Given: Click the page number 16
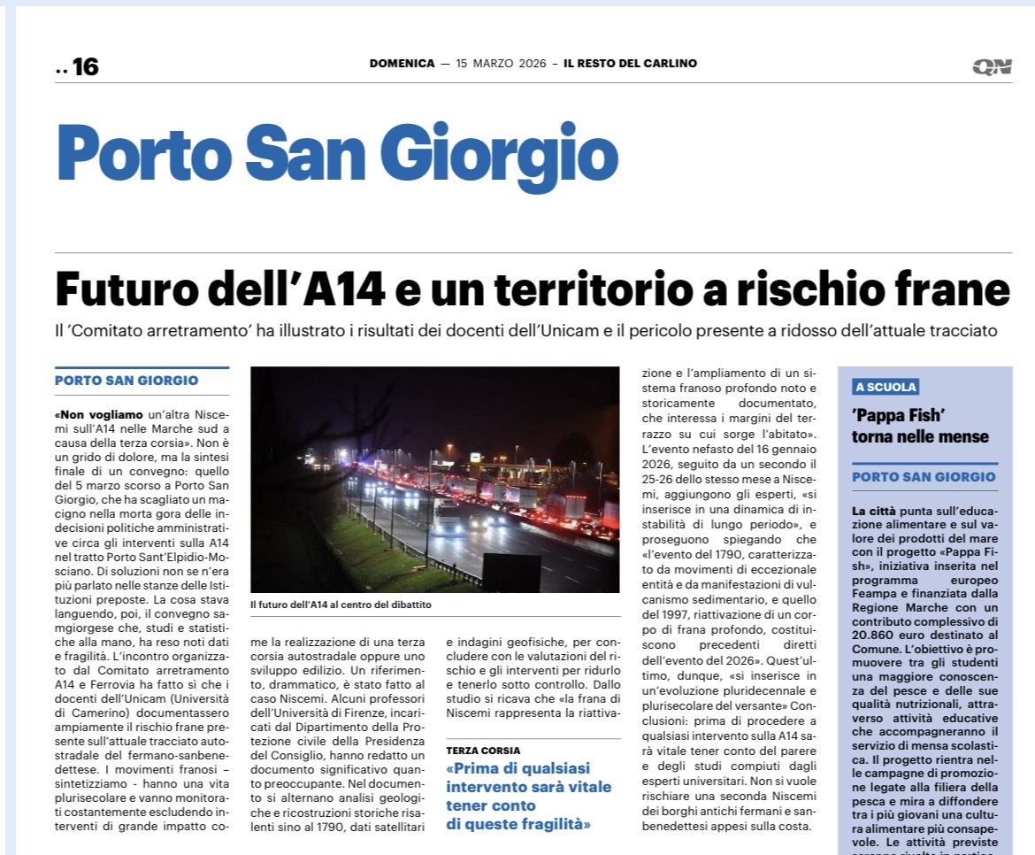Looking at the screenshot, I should (x=85, y=66).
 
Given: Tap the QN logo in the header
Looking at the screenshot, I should (x=991, y=66).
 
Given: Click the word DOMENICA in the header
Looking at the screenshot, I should (x=402, y=64).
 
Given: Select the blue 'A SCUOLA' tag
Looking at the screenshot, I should (x=885, y=387).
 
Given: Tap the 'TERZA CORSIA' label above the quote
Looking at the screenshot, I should (x=483, y=751).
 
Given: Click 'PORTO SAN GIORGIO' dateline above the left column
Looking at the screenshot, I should (x=126, y=381).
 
